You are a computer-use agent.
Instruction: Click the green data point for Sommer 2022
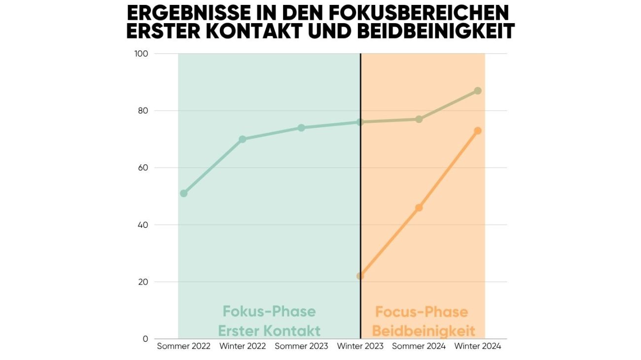(x=184, y=193)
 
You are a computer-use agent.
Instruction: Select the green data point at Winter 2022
(x=243, y=139)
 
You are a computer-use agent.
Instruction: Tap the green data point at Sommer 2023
(x=301, y=128)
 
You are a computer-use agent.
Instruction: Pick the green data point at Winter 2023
(x=360, y=122)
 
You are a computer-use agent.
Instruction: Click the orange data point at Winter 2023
(x=360, y=276)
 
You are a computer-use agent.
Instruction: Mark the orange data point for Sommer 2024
(x=419, y=208)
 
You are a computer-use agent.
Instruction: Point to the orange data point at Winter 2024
(x=478, y=131)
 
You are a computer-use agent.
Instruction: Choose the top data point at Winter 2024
(x=478, y=91)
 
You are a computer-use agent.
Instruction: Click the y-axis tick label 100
(x=142, y=53)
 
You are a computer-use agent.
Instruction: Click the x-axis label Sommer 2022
(x=184, y=346)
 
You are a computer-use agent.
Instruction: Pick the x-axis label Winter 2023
(x=360, y=346)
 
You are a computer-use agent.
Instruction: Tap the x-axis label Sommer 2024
(x=419, y=346)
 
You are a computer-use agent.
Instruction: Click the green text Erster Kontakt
(x=269, y=330)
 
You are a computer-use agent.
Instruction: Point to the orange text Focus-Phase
(x=422, y=312)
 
